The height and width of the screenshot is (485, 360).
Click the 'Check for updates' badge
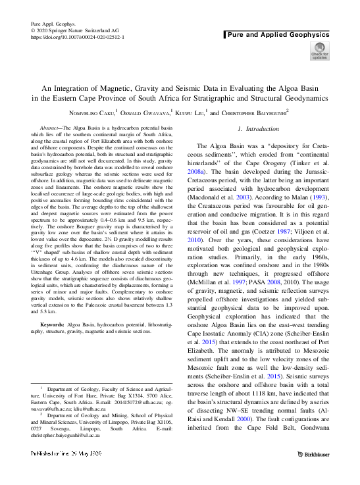[x=319, y=51]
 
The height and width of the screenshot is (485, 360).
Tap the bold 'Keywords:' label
[x=53, y=326]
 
